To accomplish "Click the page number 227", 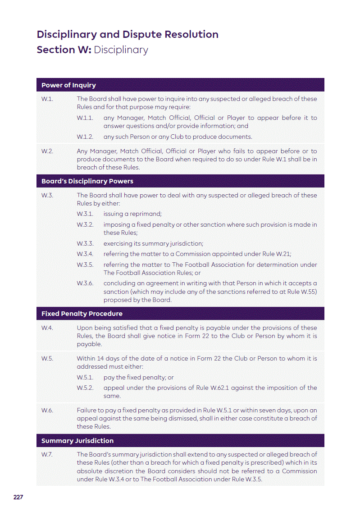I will coord(18,497).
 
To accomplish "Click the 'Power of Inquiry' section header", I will coord(68,85).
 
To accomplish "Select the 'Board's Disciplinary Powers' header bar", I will coord(87,181).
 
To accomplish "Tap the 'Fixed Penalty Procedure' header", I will coord(82,314).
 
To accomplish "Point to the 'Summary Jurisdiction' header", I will coord(77,441).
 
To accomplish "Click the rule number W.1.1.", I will coord(85,118).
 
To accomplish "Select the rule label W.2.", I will coord(47,151).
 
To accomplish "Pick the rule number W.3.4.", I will coord(85,254).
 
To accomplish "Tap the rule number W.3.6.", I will coord(85,283).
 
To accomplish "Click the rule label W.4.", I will coord(47,328).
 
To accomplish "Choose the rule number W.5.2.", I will coord(85,388).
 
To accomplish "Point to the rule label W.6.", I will coord(47,410).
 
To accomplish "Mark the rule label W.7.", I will coord(47,454).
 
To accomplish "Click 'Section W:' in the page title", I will coord(64,50).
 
